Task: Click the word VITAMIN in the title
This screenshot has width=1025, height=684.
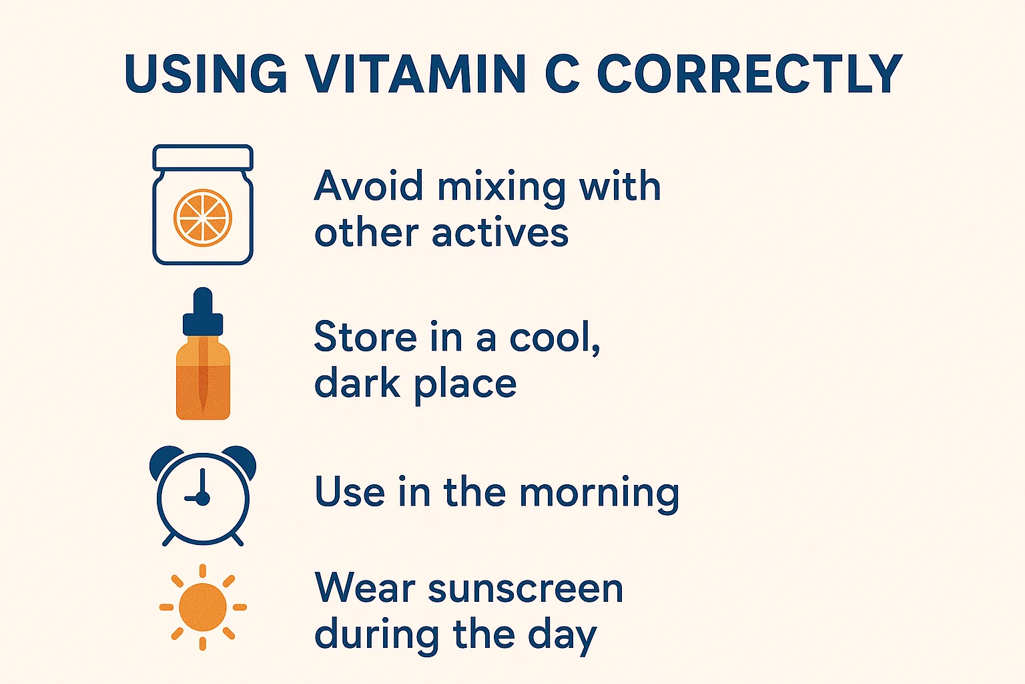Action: pyautogui.click(x=416, y=73)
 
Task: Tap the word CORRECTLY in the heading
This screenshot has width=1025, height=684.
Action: pyautogui.click(x=749, y=73)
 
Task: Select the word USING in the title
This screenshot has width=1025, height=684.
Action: pyautogui.click(x=206, y=73)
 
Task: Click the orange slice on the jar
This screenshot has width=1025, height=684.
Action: pyautogui.click(x=203, y=218)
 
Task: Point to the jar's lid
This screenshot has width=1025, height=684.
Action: pyautogui.click(x=203, y=157)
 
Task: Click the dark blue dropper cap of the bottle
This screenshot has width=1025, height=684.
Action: pyautogui.click(x=203, y=313)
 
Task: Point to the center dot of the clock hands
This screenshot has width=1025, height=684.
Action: pyautogui.click(x=202, y=498)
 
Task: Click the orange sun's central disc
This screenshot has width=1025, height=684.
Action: pyautogui.click(x=203, y=607)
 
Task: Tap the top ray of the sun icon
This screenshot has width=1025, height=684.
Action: pyautogui.click(x=203, y=571)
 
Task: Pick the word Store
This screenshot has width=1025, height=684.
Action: pyautogui.click(x=366, y=337)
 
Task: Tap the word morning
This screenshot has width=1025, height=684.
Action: pyautogui.click(x=599, y=494)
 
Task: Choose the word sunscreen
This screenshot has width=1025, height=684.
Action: pyautogui.click(x=526, y=588)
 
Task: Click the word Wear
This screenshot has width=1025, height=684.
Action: pyautogui.click(x=365, y=587)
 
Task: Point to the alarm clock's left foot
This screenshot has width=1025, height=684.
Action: pyautogui.click(x=169, y=540)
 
